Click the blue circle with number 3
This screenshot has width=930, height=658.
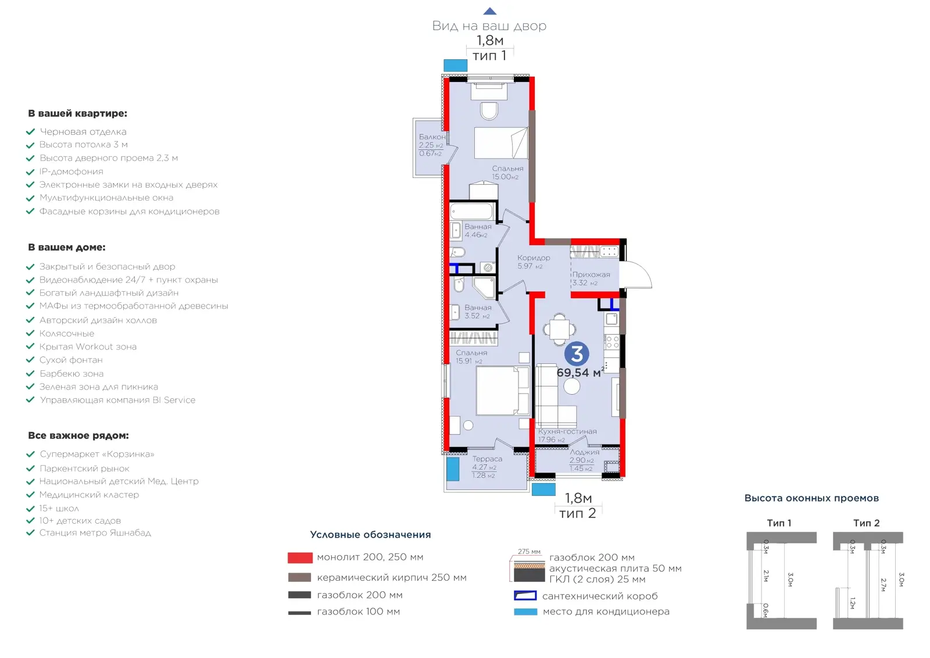click(x=577, y=354)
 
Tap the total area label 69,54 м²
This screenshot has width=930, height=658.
click(x=580, y=373)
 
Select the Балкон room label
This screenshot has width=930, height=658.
click(x=432, y=137)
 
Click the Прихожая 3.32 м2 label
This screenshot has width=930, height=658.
click(x=591, y=278)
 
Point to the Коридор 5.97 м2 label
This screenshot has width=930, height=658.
click(x=534, y=262)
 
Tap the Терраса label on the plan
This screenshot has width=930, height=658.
click(x=487, y=459)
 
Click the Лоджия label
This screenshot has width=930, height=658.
click(x=585, y=452)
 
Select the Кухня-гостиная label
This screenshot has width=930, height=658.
click(x=567, y=431)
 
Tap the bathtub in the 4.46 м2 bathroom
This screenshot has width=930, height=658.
click(x=471, y=212)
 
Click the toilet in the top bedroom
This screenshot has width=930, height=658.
click(x=489, y=111)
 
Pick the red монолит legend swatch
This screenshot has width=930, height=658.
click(x=300, y=557)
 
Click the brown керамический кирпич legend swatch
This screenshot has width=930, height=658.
click(x=299, y=577)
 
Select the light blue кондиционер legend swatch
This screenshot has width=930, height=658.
click(x=525, y=611)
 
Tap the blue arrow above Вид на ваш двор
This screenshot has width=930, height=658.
click(x=490, y=11)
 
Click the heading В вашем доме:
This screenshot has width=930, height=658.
click(x=67, y=248)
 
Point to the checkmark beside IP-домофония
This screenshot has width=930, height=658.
click(x=30, y=172)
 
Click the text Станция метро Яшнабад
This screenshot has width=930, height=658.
click(x=95, y=532)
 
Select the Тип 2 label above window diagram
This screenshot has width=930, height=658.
click(x=867, y=523)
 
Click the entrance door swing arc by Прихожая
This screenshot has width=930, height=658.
click(x=643, y=270)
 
